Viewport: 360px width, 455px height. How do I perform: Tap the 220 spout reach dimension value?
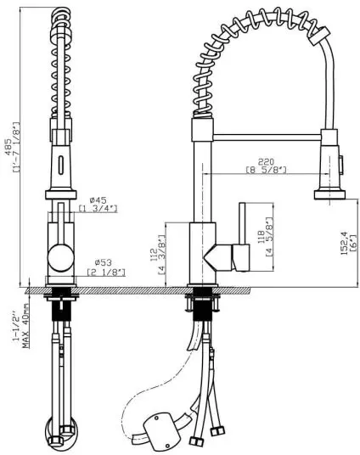266,161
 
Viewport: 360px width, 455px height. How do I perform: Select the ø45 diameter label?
98,200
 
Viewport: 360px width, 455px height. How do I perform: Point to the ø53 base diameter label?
103,262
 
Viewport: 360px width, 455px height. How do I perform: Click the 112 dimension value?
154,254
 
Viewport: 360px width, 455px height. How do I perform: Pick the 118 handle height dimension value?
261,236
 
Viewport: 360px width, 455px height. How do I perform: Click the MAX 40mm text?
25,326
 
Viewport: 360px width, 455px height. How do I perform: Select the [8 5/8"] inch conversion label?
267,170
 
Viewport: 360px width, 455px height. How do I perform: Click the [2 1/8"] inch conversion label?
106,272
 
